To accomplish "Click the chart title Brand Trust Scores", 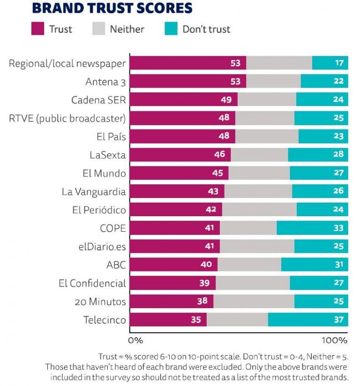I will [112, 8].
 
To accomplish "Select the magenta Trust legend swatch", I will [37, 29].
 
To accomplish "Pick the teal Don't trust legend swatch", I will [171, 29].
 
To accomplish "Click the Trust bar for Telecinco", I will [168, 320].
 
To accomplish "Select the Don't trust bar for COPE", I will [312, 228].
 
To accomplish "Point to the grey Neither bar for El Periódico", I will [259, 210].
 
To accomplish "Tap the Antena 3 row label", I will [105, 82].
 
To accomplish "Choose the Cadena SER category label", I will [98, 100].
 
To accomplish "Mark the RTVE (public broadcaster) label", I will [67, 118].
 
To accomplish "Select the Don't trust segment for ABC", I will [315, 265].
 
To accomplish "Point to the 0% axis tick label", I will [135, 340].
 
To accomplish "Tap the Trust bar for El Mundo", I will [179, 173].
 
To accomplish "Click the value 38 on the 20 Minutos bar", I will [202, 302].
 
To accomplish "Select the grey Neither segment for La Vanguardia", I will [258, 191].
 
